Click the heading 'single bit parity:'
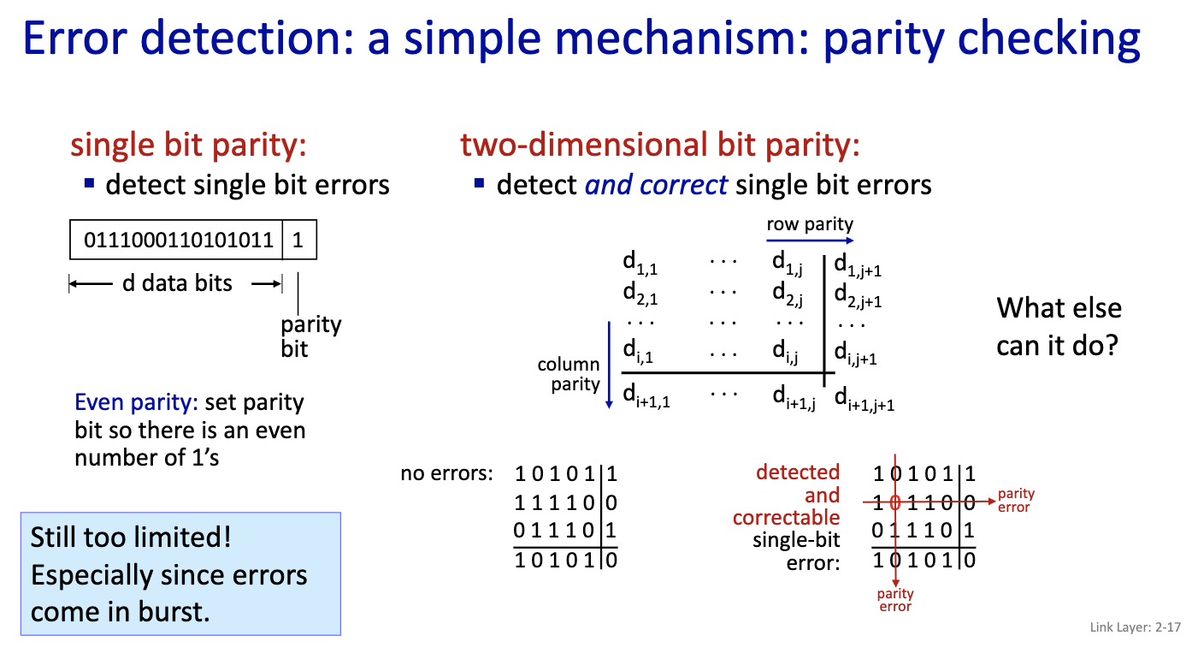click(x=188, y=145)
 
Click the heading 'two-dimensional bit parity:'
click(x=660, y=145)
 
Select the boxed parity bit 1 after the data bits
click(x=298, y=241)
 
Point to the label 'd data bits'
click(x=177, y=283)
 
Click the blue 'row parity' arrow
click(x=809, y=242)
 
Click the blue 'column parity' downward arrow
click(x=609, y=364)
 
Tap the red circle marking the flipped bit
click(x=895, y=502)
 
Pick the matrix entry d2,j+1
click(x=858, y=297)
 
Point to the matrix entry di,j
click(x=785, y=351)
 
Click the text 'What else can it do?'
click(x=1059, y=327)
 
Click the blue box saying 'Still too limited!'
click(x=180, y=573)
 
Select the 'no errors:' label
click(x=446, y=473)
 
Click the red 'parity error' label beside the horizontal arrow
click(x=1016, y=500)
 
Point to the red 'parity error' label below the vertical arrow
click(x=895, y=600)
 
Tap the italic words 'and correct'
click(x=656, y=185)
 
